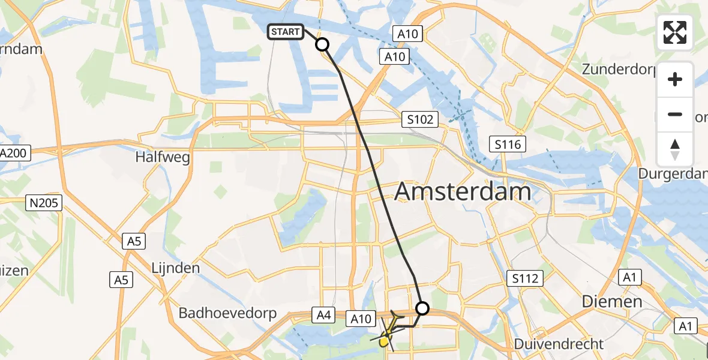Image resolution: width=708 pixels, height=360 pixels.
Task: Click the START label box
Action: click(x=286, y=32)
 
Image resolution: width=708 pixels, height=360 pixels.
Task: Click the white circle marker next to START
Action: click(x=322, y=44)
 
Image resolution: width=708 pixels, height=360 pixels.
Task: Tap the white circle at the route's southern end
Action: click(x=422, y=308)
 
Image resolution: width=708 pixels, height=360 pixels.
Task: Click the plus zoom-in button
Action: click(x=675, y=79)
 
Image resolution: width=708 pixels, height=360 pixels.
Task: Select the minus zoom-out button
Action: click(x=675, y=114)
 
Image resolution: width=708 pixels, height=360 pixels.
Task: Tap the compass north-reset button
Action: click(x=675, y=149)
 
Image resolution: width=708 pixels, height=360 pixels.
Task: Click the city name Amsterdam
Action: click(x=463, y=192)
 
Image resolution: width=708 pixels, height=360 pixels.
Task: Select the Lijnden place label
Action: click(x=176, y=268)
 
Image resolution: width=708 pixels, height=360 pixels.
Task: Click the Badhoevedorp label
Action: click(x=227, y=313)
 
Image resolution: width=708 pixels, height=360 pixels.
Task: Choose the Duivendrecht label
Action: click(x=559, y=344)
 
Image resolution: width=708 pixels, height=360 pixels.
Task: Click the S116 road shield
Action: click(x=508, y=144)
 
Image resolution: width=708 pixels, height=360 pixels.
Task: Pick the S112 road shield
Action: click(x=524, y=278)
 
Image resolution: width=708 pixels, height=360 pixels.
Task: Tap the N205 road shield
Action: click(x=44, y=203)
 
